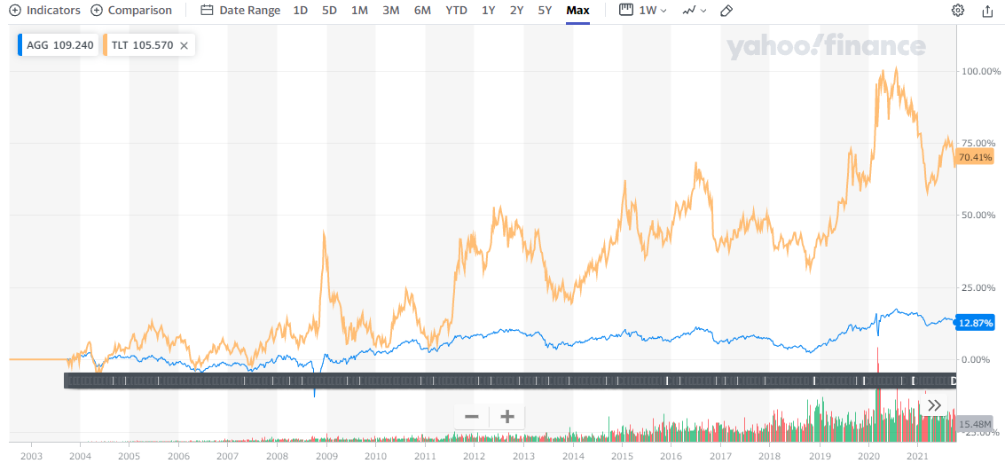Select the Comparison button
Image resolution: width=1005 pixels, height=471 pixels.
point(132,11)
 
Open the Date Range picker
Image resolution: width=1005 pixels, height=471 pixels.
point(240,11)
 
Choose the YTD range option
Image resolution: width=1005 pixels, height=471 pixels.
point(456,11)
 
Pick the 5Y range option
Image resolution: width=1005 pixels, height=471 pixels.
point(545,11)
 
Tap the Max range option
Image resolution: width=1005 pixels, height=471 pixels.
point(577,11)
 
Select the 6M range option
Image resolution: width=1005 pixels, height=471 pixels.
point(422,11)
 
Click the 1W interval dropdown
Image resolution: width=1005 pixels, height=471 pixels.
point(642,11)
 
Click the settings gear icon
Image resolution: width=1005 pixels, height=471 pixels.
point(957,11)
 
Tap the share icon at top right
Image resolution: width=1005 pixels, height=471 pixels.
point(987,11)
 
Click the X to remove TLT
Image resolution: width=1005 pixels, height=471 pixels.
point(184,45)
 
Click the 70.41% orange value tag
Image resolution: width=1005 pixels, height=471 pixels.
point(975,157)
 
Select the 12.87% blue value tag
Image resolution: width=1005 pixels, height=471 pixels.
point(975,322)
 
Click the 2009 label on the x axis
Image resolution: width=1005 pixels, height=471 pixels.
point(326,456)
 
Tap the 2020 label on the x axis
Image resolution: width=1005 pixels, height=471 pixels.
point(868,456)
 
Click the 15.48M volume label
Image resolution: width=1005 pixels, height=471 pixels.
point(975,424)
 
